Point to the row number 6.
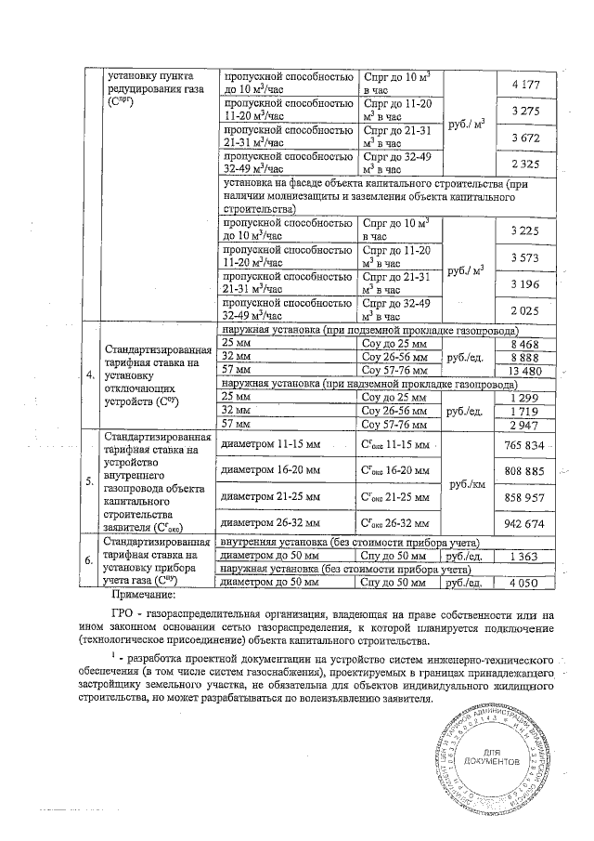point(89,562)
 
